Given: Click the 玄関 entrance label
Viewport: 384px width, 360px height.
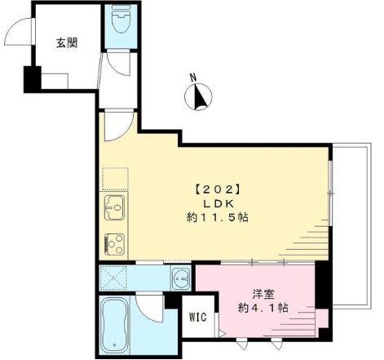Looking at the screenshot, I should [x=67, y=43].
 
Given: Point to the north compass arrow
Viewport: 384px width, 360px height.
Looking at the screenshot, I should [x=199, y=98].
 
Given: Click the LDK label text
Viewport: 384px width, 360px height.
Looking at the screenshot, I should [x=217, y=203].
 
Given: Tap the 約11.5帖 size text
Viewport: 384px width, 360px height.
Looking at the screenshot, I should [x=217, y=218].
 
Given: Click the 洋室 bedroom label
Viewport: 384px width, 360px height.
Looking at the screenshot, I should [x=262, y=291].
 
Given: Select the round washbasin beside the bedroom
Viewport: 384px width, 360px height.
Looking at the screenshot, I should [x=181, y=280].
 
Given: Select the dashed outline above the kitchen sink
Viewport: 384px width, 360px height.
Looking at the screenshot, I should [x=113, y=177].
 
